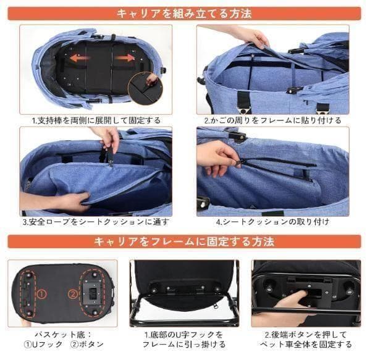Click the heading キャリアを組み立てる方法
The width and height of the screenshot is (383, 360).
click(183, 13)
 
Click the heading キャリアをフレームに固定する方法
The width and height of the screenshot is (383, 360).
click(183, 241)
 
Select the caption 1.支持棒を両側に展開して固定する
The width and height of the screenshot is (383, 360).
click(96, 120)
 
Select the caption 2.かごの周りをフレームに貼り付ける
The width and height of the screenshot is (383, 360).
click(272, 120)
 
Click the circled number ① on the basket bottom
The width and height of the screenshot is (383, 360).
click(41, 294)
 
